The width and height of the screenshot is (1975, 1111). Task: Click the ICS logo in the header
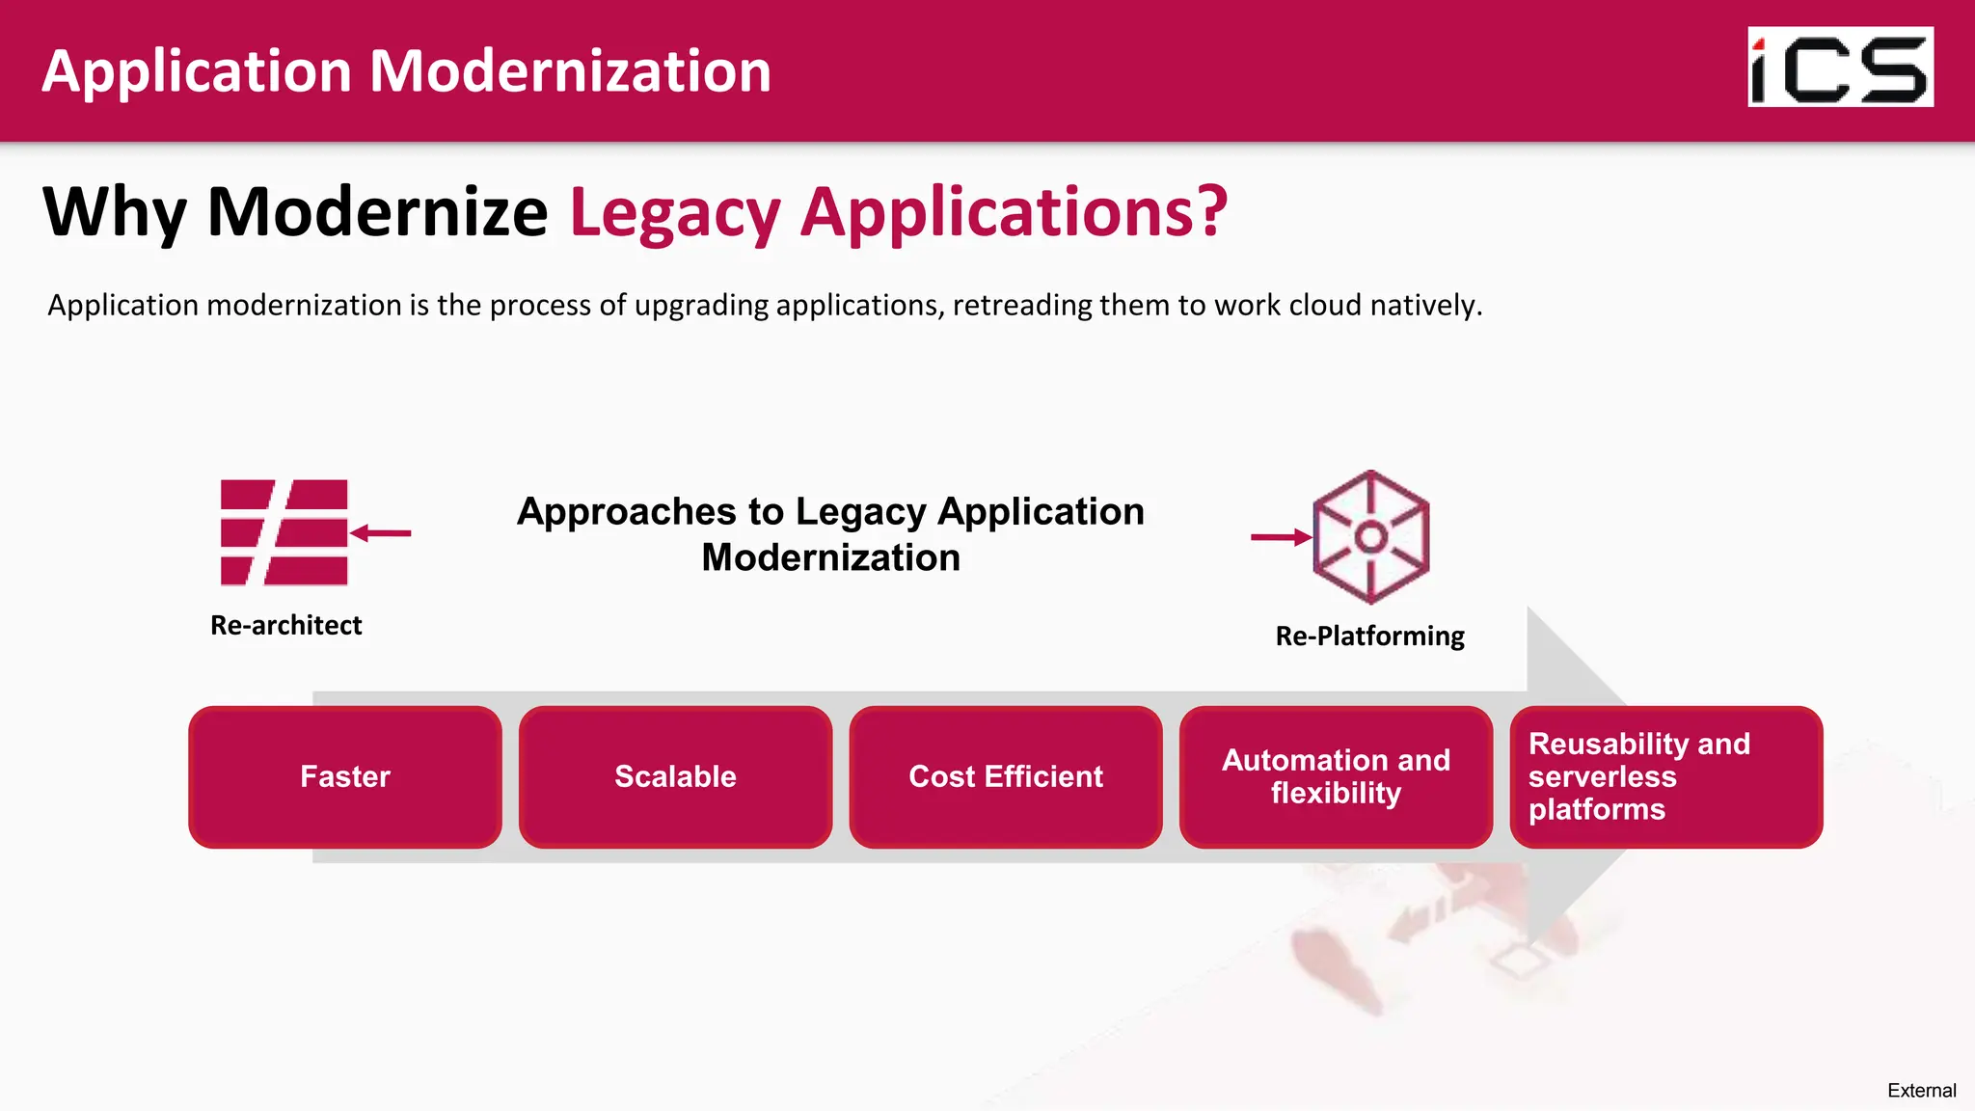[x=1840, y=67]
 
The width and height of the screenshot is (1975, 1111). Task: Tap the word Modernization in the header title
[x=570, y=71]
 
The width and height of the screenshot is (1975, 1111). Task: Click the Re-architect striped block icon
[x=284, y=532]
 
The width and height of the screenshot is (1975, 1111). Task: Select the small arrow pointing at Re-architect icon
[x=381, y=532]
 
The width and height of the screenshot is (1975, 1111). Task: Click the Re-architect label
[x=285, y=625]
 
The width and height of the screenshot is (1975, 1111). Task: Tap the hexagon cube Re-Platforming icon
[x=1370, y=537]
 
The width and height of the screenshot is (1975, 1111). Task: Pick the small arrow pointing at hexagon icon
[x=1281, y=537]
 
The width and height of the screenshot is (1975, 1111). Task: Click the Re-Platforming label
[x=1369, y=636]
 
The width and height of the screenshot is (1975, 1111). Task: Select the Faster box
[x=345, y=776]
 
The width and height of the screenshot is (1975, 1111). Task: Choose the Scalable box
[x=675, y=776]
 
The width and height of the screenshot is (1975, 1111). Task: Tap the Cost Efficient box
[x=1006, y=776]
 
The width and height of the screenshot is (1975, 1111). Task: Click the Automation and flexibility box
[x=1336, y=776]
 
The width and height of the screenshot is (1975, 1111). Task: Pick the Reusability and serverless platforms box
[x=1665, y=776]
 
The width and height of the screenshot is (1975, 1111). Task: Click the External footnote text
[x=1921, y=1090]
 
